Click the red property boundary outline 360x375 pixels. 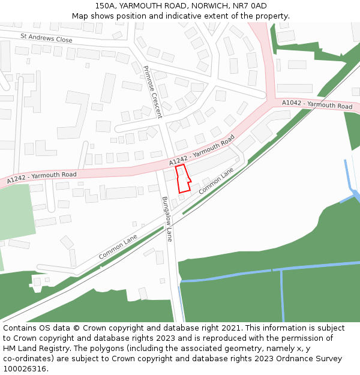pos(184,179)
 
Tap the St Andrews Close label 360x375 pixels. pos(46,38)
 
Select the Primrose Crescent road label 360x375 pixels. pos(152,92)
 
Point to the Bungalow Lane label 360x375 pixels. pos(167,219)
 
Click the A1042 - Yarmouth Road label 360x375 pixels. pos(317,104)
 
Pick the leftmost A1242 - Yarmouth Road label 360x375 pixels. pos(42,177)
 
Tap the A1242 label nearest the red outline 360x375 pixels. pos(202,151)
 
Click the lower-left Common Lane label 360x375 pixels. pos(118,247)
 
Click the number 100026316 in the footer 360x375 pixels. pos(26,368)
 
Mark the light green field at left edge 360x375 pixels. pos(15,213)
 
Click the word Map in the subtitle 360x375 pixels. pos(80,16)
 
